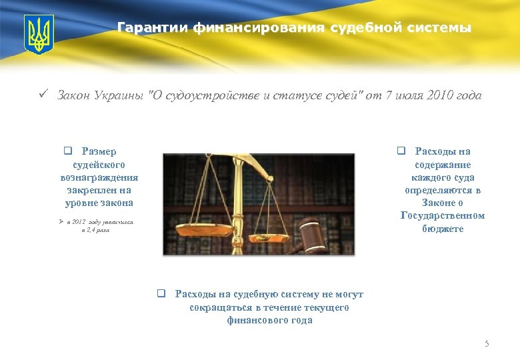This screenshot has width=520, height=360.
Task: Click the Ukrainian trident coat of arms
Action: pyautogui.click(x=39, y=35)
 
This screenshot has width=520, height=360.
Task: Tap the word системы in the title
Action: pyautogui.click(x=440, y=28)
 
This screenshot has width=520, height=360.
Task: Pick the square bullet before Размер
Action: pyautogui.click(x=67, y=151)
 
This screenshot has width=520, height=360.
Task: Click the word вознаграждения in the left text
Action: pyautogui.click(x=99, y=177)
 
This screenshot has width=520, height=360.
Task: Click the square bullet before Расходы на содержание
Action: pyautogui.click(x=401, y=151)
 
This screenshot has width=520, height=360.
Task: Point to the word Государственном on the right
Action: pyautogui.click(x=443, y=215)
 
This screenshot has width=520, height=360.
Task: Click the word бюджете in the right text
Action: pyautogui.click(x=443, y=229)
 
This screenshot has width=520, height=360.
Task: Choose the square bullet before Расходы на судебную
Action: pyautogui.click(x=161, y=294)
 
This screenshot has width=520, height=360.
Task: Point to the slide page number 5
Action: pyautogui.click(x=487, y=344)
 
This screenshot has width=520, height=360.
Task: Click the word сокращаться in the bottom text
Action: pyautogui.click(x=221, y=307)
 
